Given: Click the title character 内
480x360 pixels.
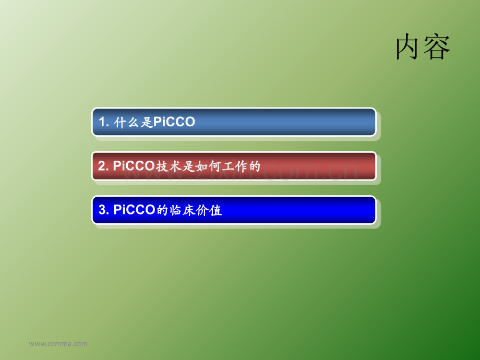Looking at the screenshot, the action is (x=407, y=46).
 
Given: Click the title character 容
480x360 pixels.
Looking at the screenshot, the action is (x=437, y=46).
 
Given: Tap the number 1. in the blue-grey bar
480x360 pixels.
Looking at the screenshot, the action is (x=104, y=122).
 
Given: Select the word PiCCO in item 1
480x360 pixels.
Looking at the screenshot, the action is (x=174, y=122).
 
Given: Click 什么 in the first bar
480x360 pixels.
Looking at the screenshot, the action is (x=127, y=123).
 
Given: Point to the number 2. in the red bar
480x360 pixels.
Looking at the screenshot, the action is (x=103, y=166).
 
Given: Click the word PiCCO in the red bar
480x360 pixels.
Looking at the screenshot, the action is (x=134, y=166).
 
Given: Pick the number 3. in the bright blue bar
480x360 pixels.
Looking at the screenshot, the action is (x=104, y=210).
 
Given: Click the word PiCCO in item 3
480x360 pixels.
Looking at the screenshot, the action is (x=135, y=210).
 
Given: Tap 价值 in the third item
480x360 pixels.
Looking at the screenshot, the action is (x=209, y=211).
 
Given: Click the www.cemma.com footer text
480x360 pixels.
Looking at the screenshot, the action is (x=58, y=343).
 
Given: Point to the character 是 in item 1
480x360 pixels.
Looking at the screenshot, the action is (x=147, y=123).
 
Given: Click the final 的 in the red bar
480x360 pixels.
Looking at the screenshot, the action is (x=255, y=166).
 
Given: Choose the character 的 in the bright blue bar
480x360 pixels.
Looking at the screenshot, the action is (x=162, y=211).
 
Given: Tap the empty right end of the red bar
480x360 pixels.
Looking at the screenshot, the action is (x=318, y=166).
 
